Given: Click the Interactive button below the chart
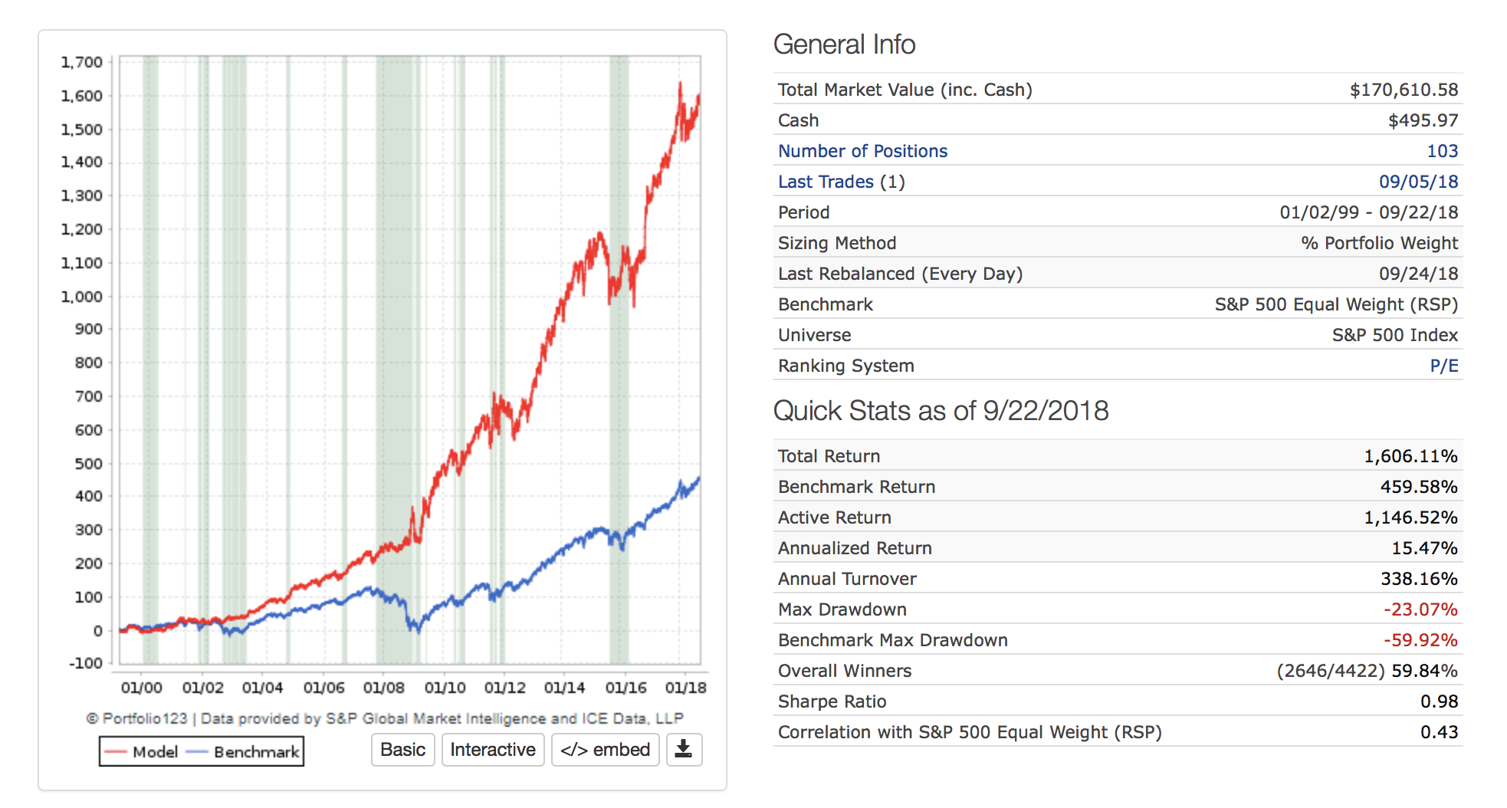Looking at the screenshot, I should (x=493, y=750).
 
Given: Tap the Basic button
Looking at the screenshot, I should (x=402, y=750).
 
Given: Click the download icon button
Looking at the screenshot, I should (x=684, y=750).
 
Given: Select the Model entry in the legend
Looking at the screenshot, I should (x=142, y=752).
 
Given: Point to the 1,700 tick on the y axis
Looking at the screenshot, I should (x=82, y=62).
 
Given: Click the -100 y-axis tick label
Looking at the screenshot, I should (x=86, y=663).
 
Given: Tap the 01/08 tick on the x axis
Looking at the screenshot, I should (x=383, y=688).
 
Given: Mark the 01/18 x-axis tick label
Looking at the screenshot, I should (x=685, y=688).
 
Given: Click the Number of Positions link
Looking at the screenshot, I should (x=862, y=151).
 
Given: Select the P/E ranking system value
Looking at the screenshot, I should (x=1443, y=366).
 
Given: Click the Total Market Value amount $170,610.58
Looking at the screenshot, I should (x=1404, y=90).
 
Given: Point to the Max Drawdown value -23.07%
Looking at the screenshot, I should (x=1420, y=609).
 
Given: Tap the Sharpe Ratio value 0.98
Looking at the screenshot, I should (x=1439, y=701).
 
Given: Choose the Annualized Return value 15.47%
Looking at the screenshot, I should (x=1424, y=548).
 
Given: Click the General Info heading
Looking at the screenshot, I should (x=844, y=44).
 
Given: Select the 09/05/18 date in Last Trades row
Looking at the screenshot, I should (x=1418, y=182).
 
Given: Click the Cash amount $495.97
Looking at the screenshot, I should (x=1423, y=120).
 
